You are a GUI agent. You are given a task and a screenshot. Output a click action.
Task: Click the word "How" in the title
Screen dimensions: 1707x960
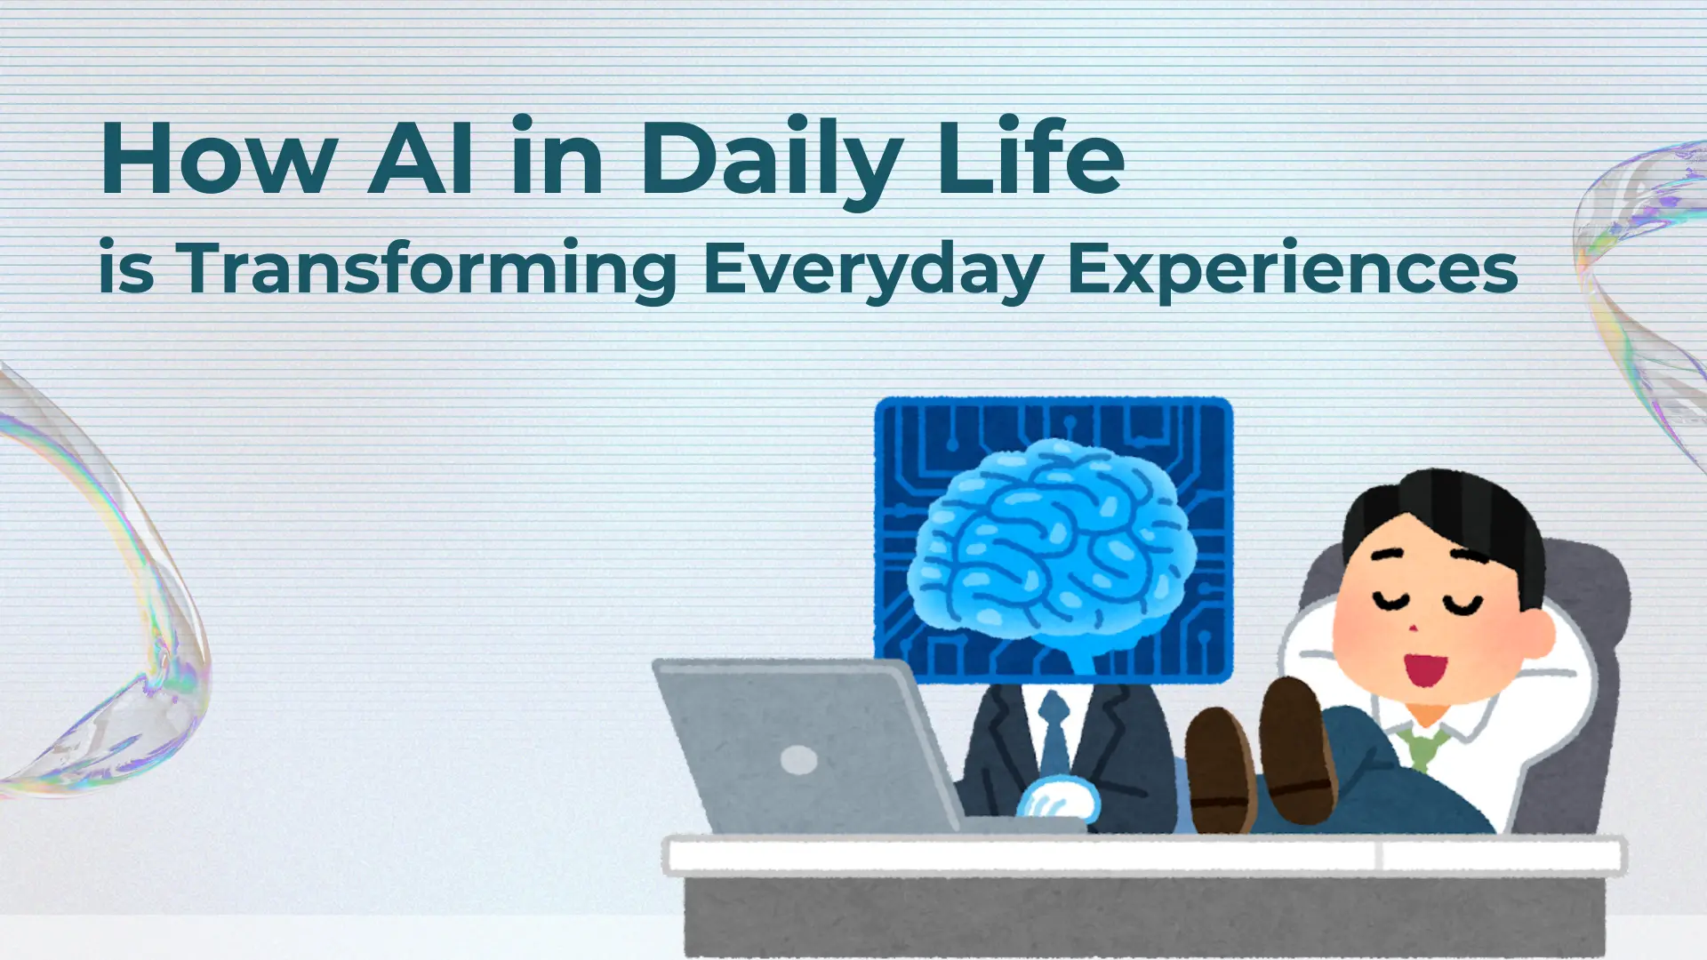[x=219, y=158]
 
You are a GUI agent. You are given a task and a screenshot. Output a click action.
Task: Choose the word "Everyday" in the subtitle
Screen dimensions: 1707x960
[x=873, y=270]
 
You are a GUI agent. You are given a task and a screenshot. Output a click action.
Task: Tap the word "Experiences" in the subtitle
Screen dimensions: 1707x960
[x=1293, y=270]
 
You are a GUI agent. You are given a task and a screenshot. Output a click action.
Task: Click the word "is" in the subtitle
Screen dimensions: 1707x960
[x=126, y=267]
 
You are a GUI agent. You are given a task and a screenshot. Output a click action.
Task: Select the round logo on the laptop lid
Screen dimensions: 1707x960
[x=798, y=760]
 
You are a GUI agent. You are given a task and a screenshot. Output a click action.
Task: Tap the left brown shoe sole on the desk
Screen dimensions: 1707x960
[x=1220, y=770]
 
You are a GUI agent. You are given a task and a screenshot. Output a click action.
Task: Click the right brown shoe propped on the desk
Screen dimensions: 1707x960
[x=1299, y=751]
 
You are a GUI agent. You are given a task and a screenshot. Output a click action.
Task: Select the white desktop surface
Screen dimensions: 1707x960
[x=1145, y=854]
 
